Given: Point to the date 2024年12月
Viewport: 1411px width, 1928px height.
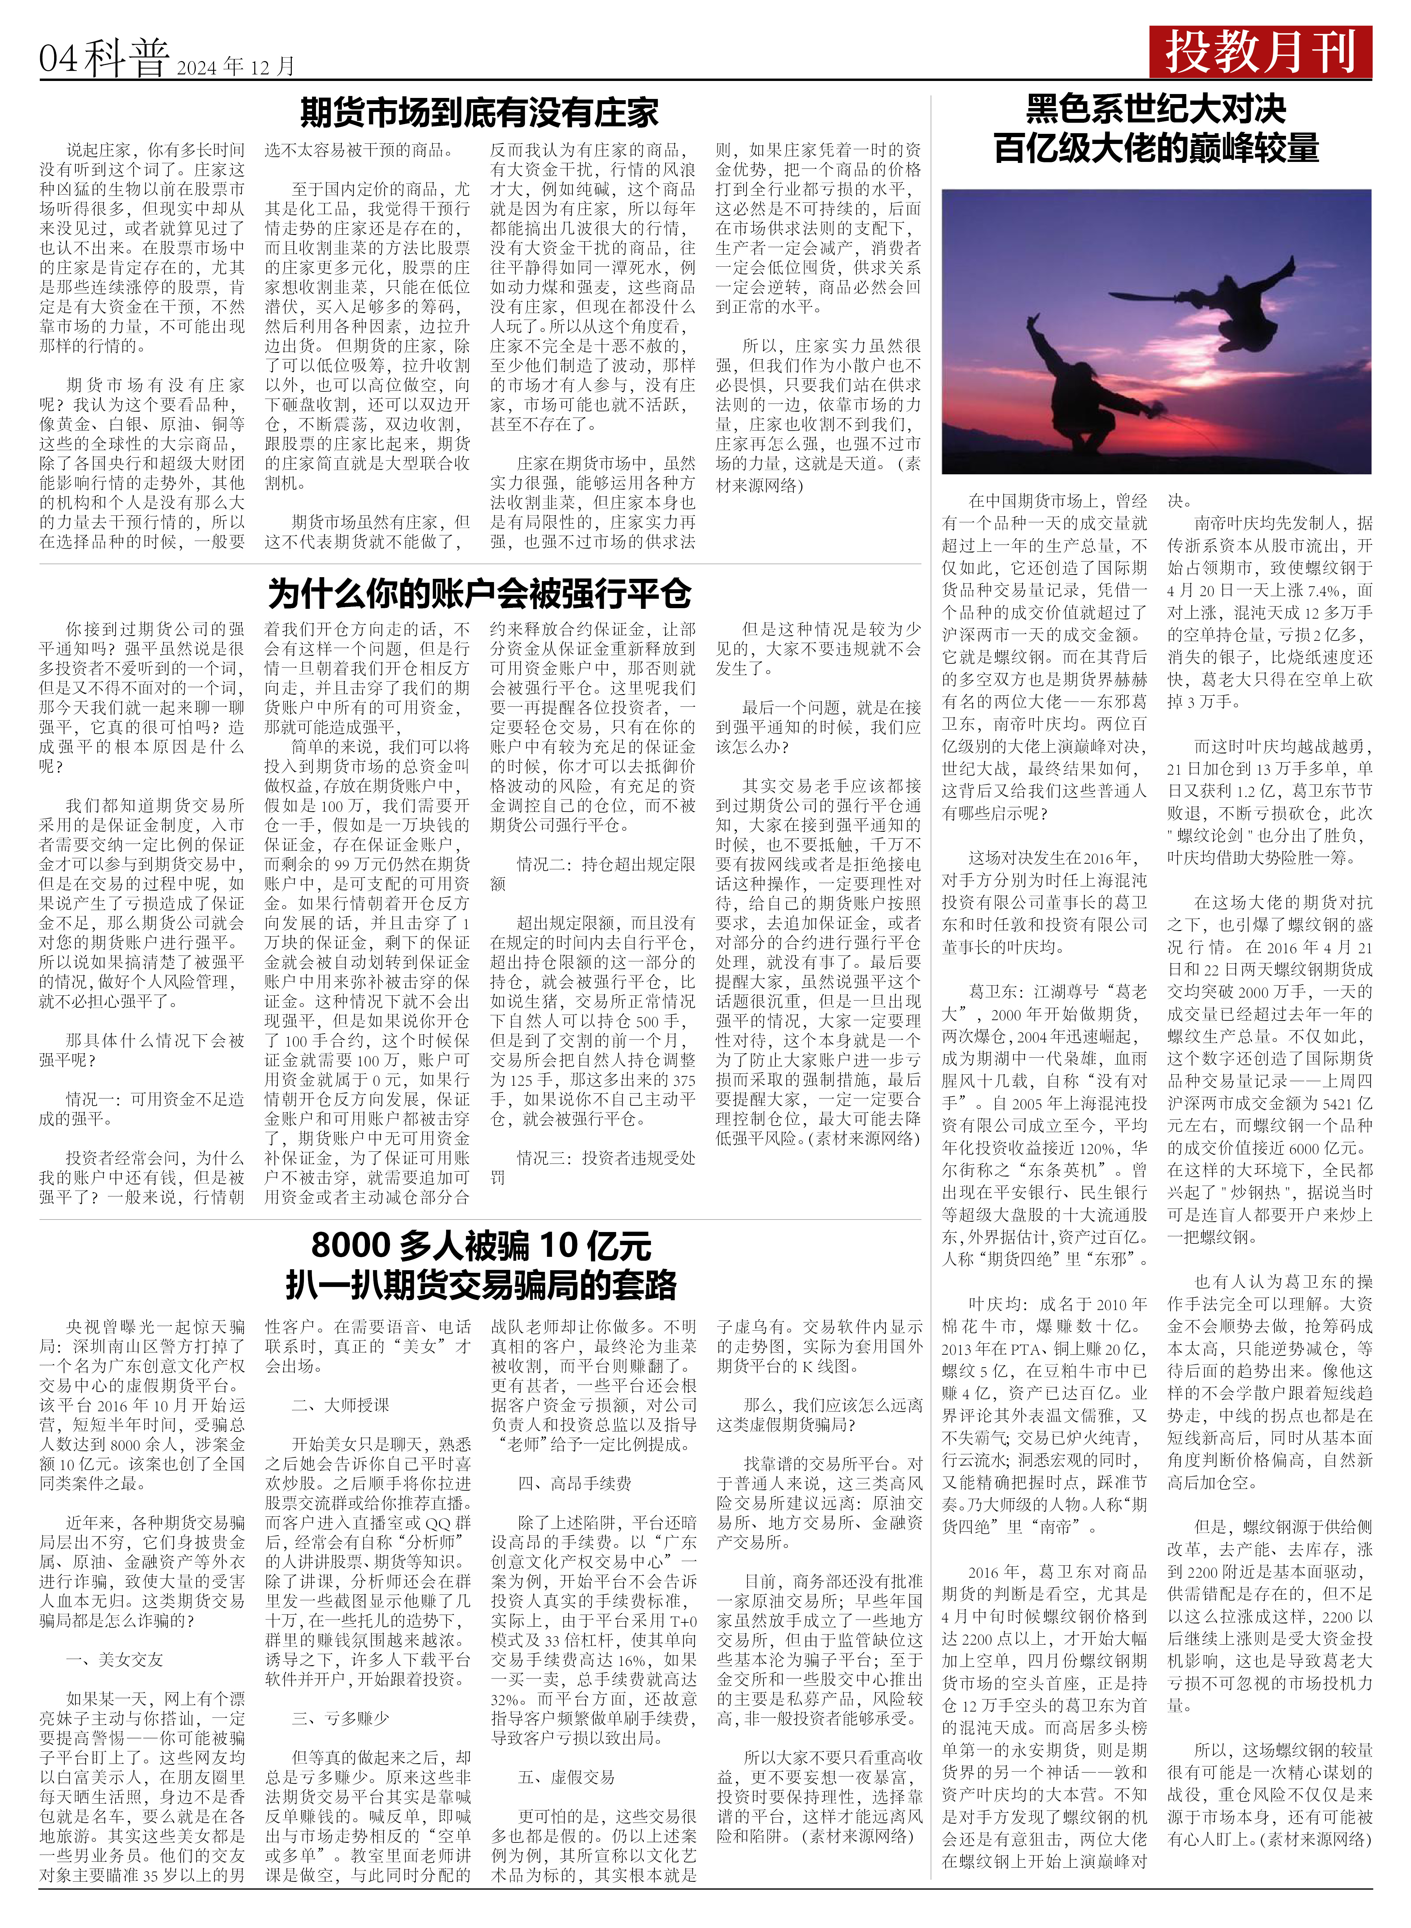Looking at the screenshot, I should click(x=236, y=67).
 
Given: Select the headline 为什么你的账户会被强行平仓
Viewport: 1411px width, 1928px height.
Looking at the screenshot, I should click(x=479, y=593).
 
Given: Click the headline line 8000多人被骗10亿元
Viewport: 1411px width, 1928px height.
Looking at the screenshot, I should click(x=481, y=1245).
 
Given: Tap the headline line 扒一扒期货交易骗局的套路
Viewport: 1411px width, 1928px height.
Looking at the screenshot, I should click(x=481, y=1285).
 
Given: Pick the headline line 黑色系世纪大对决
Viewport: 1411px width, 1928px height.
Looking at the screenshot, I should click(x=1156, y=109).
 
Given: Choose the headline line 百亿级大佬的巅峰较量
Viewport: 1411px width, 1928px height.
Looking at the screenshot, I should click(x=1156, y=149).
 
